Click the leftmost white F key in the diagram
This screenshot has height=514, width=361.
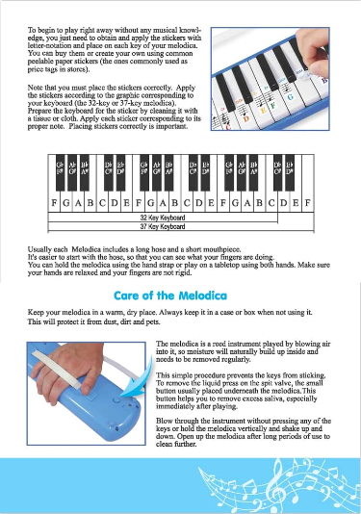pos(54,203)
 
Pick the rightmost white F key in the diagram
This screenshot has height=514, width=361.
pos(306,203)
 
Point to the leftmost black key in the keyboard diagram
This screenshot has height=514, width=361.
pos(61,168)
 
